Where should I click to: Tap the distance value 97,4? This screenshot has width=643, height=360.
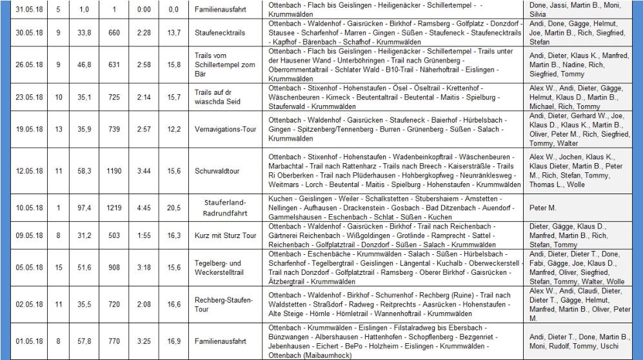click(84, 208)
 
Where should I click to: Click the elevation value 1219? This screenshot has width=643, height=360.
click(114, 208)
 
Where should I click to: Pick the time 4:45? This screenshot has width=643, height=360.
click(144, 208)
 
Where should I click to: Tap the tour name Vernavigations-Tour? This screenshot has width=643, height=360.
click(225, 129)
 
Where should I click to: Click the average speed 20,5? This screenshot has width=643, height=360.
click(173, 208)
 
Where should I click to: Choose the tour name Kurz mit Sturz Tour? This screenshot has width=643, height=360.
click(225, 235)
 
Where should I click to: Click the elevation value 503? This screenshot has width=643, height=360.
click(114, 235)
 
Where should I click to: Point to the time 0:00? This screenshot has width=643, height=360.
click(144, 10)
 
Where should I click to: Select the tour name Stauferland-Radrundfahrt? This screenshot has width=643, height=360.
click(225, 208)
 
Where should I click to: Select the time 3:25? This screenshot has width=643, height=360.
click(144, 341)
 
